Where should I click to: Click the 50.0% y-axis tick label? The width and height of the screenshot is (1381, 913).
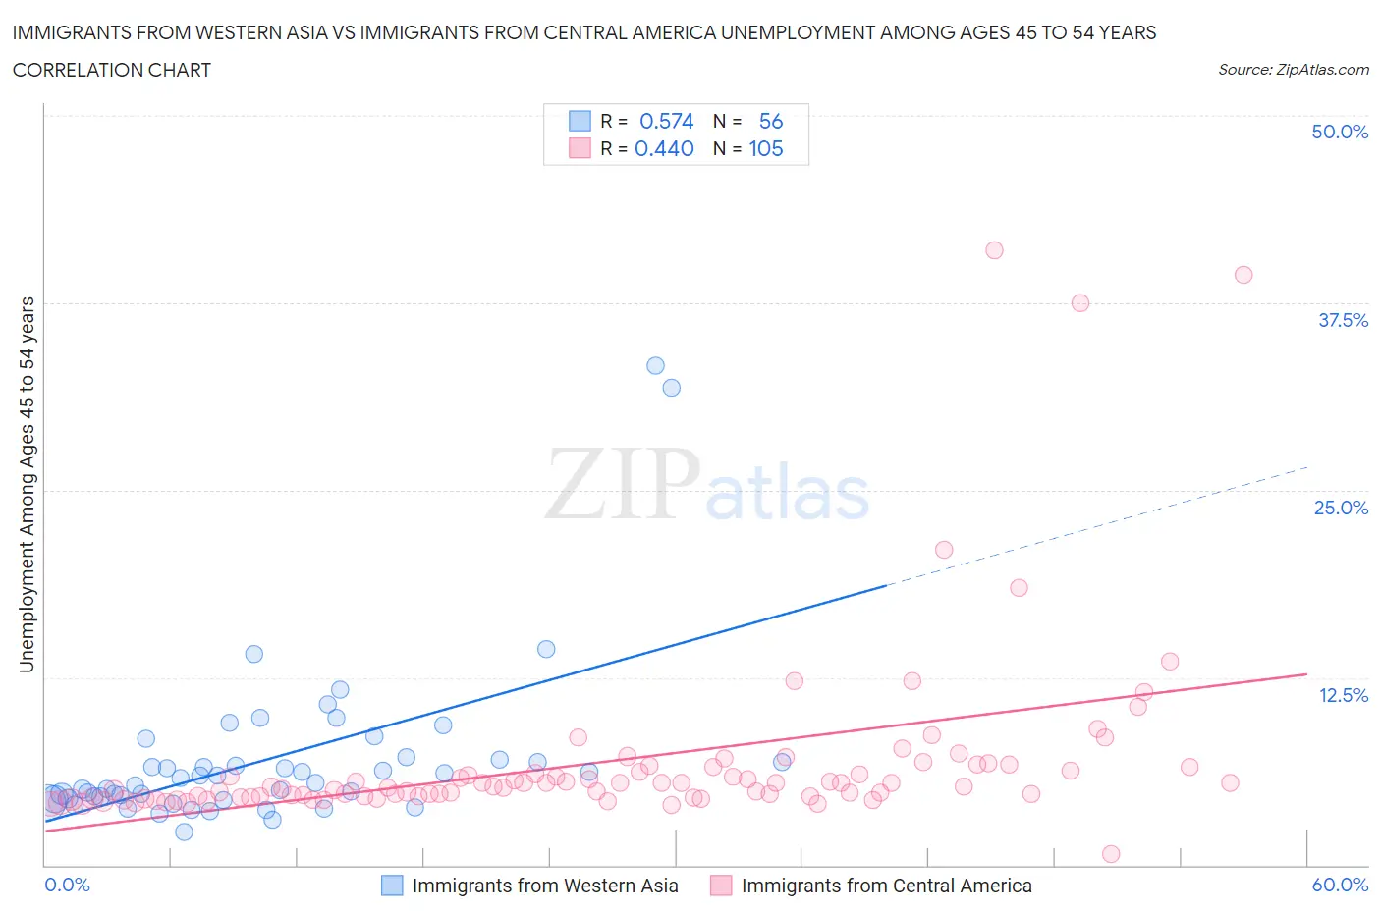(x=1340, y=132)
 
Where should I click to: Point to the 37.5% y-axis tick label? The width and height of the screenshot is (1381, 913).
(x=1343, y=320)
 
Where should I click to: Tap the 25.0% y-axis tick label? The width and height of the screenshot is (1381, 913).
(x=1341, y=508)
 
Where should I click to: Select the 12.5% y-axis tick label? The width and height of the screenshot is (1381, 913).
(x=1343, y=695)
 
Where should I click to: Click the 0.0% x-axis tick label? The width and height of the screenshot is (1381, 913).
(x=67, y=885)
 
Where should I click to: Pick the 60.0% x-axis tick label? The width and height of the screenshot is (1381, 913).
(x=1340, y=885)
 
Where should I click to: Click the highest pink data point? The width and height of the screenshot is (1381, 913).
(x=994, y=250)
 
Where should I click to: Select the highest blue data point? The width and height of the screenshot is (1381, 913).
(x=655, y=365)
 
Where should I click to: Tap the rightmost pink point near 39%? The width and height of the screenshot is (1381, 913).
(x=1243, y=275)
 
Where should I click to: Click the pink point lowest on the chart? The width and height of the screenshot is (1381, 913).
(x=1111, y=854)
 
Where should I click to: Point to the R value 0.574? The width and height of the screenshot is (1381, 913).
(x=666, y=121)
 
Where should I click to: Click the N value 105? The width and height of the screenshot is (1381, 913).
(x=766, y=148)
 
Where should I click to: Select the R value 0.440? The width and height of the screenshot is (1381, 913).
(x=664, y=148)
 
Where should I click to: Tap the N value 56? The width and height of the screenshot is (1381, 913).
(x=771, y=121)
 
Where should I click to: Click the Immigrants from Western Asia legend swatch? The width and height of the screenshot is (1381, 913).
(x=392, y=886)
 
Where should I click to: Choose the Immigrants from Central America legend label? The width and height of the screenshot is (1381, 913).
(x=886, y=886)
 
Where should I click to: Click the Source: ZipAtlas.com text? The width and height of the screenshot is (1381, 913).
(x=1293, y=69)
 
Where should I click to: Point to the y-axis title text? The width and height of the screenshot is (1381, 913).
(x=27, y=484)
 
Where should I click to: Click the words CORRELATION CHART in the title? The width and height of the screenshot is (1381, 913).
(x=112, y=70)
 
